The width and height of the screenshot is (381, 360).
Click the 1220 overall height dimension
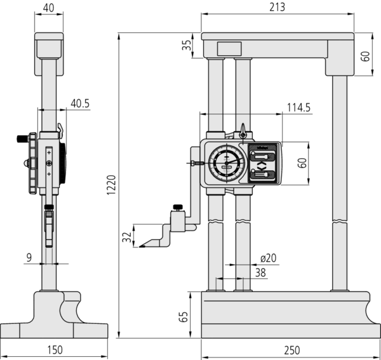(110, 189)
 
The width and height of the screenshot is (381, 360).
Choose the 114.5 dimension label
(298, 108)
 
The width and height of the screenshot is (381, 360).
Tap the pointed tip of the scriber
(141, 246)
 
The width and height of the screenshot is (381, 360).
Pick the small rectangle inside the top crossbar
(229, 49)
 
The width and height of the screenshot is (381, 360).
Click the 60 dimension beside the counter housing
(303, 163)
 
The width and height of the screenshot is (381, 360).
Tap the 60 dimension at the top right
(364, 56)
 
